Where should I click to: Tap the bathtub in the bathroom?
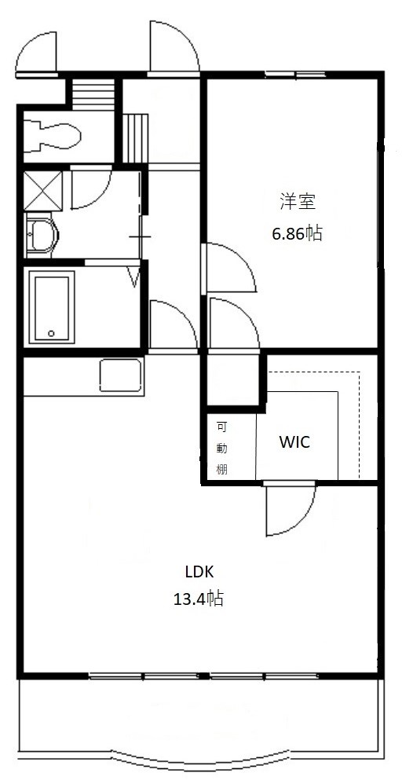(x=52, y=307)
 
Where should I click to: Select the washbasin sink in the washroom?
(x=42, y=234)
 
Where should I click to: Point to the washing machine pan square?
(x=43, y=190)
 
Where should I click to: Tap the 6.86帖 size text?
(x=297, y=233)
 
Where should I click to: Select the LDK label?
(x=199, y=572)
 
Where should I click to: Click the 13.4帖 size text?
(x=199, y=598)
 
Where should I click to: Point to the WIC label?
(x=294, y=442)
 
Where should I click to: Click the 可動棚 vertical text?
(x=221, y=448)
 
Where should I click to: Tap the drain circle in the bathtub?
(x=51, y=333)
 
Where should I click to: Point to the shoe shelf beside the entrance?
(x=136, y=138)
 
